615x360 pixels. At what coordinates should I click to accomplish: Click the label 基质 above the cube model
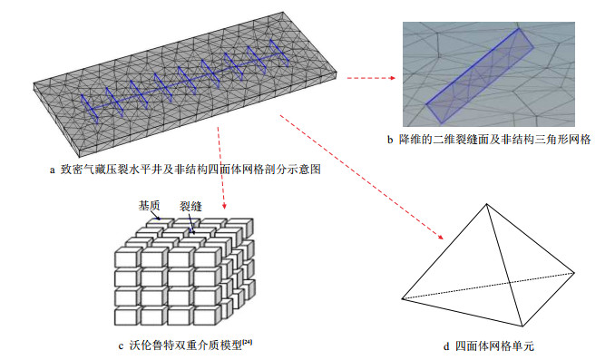pos(149,205)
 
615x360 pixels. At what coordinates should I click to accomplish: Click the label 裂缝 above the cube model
pos(190,206)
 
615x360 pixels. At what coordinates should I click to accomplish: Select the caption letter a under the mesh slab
pos(53,170)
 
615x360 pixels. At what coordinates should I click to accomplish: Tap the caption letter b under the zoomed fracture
pos(390,140)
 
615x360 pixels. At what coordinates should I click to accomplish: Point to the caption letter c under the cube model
pos(121,345)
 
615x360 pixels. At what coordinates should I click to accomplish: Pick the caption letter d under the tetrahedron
pos(446,346)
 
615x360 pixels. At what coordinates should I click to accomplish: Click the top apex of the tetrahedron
pos(487,204)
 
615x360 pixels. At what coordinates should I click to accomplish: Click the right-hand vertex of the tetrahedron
pos(574,273)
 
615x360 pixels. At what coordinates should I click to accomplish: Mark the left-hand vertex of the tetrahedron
pos(403,299)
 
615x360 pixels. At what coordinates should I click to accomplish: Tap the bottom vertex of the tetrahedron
pos(522,326)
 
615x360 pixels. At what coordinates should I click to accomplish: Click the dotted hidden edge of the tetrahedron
pos(488,286)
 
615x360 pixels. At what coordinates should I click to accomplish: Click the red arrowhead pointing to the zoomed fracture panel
pos(392,78)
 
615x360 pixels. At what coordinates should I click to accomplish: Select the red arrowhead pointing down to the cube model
pos(224,206)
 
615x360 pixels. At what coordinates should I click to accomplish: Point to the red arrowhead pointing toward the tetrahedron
pos(441,237)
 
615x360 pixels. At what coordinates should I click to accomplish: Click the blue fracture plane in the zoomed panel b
pos(480,73)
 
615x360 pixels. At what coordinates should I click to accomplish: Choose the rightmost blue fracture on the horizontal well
pos(279,53)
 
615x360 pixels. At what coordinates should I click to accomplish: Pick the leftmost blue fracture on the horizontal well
pos(90,109)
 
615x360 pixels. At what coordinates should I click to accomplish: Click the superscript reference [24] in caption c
pos(248,343)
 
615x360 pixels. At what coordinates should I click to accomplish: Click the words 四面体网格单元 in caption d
pos(494,346)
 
